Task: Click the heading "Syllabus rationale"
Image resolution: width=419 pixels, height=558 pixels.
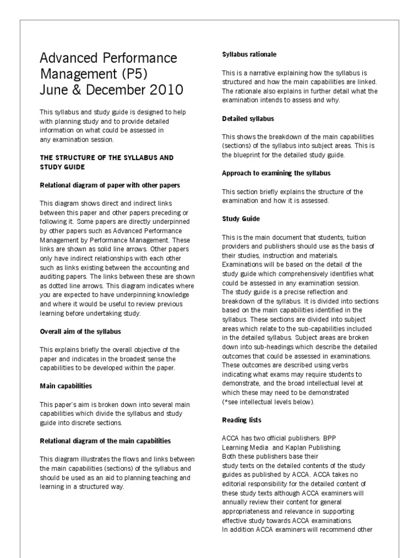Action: (x=249, y=54)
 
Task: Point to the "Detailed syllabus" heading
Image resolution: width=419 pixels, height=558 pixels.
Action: (x=248, y=118)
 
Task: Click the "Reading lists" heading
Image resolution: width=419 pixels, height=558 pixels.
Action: (x=242, y=420)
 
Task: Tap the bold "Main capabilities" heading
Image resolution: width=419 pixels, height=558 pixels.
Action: (x=65, y=386)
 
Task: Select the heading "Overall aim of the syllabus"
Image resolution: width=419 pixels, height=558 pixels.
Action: (x=80, y=331)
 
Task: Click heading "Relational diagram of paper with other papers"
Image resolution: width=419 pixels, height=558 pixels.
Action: (x=110, y=185)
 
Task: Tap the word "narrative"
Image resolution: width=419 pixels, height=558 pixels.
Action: (x=260, y=73)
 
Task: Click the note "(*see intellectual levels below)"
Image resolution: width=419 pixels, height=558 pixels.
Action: (x=268, y=402)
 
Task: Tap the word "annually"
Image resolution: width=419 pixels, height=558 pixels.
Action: (x=237, y=502)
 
